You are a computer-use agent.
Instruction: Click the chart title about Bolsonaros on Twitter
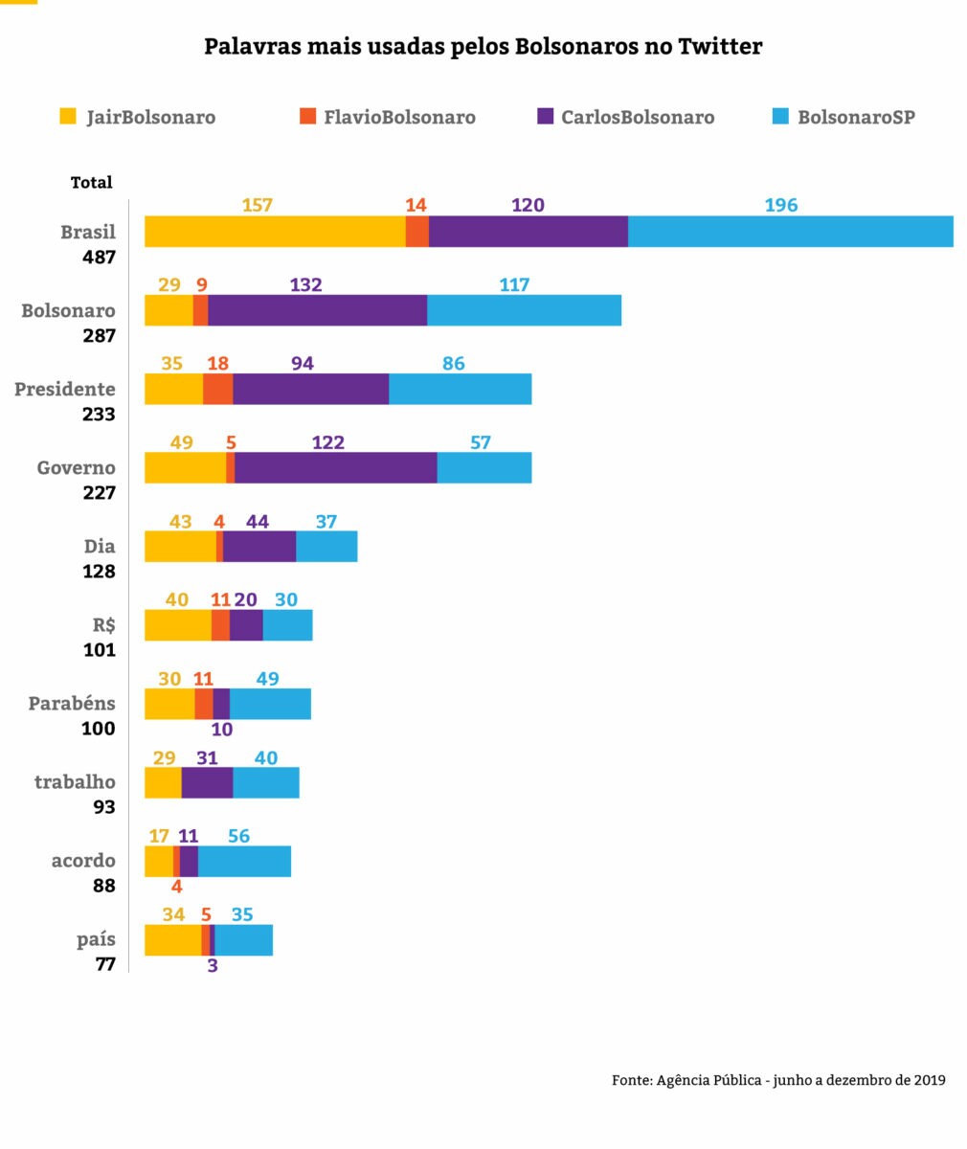(x=483, y=46)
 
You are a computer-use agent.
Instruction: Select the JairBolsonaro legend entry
(x=138, y=117)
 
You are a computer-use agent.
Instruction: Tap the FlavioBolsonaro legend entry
(x=388, y=117)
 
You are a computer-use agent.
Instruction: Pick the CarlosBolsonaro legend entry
(x=626, y=117)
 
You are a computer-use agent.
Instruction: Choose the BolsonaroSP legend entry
(x=843, y=117)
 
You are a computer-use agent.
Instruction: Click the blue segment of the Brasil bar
(x=790, y=232)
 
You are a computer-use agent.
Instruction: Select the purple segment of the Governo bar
(x=335, y=467)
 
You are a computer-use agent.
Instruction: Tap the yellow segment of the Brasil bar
(x=275, y=232)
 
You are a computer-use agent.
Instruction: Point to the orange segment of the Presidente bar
(x=217, y=389)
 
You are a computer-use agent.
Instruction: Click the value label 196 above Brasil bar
(x=780, y=205)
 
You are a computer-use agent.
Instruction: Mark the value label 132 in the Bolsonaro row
(x=305, y=284)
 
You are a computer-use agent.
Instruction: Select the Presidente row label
(x=65, y=389)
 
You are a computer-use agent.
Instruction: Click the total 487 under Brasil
(x=98, y=258)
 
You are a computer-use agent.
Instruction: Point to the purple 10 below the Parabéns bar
(x=221, y=730)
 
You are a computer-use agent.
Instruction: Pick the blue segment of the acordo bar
(x=244, y=861)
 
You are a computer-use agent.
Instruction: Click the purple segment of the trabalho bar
(x=207, y=782)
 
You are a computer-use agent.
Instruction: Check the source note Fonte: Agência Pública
(x=778, y=1080)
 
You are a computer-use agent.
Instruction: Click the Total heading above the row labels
(x=91, y=182)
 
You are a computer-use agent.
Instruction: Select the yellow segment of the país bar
(x=172, y=939)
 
